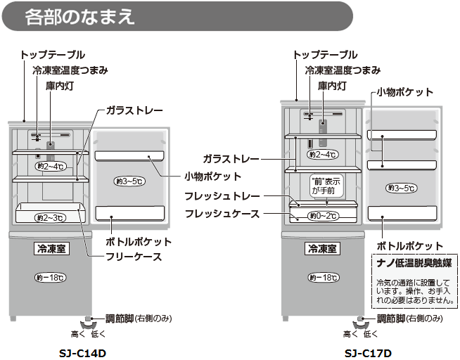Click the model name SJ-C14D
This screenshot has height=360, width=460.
pos(84,352)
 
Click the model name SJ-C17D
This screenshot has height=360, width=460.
pos(368,352)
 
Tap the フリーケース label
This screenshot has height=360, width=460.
pos(134,257)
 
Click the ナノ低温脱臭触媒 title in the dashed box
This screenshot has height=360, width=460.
pos(414,263)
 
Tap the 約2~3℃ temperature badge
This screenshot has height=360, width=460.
pos(50,217)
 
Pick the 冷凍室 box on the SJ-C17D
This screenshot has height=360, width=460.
pos(322,248)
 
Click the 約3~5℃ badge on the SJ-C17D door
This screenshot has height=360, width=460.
pos(401,188)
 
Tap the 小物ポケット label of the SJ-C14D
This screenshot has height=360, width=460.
pos(213,176)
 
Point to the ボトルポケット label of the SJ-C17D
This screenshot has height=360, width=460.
pos(410,246)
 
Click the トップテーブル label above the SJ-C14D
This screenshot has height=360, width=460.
pos(53,54)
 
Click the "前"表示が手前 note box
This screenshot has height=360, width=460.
pos(326,185)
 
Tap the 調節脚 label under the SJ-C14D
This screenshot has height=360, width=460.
pos(116,319)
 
